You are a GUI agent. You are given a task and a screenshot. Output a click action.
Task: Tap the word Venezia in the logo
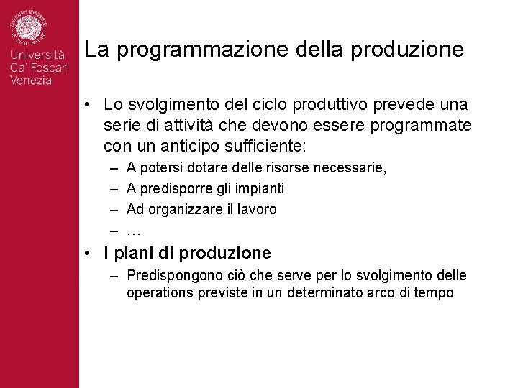[31, 80]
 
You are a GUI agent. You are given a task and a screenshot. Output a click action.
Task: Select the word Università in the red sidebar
[37, 55]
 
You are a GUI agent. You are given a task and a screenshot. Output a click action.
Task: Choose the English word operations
[158, 293]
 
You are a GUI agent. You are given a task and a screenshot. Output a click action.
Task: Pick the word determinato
[323, 293]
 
